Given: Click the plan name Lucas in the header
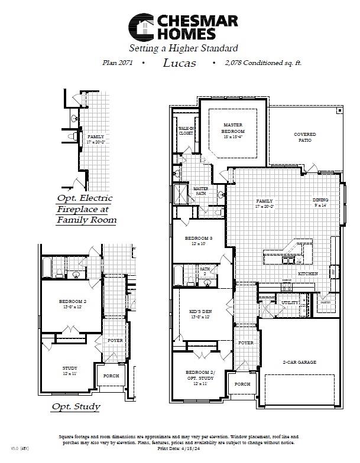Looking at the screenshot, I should (179, 62).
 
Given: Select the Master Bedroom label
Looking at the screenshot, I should (233, 128).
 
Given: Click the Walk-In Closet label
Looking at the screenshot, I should (186, 131).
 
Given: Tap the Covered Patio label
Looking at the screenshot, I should (304, 138).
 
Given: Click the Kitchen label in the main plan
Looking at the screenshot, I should (307, 273).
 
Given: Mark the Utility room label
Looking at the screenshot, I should (290, 302).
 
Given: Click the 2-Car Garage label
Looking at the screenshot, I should (299, 362).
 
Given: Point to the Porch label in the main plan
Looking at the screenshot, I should (242, 383).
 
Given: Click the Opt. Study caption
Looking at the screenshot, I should (76, 406).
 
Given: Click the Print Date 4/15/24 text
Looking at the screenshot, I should (179, 449).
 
